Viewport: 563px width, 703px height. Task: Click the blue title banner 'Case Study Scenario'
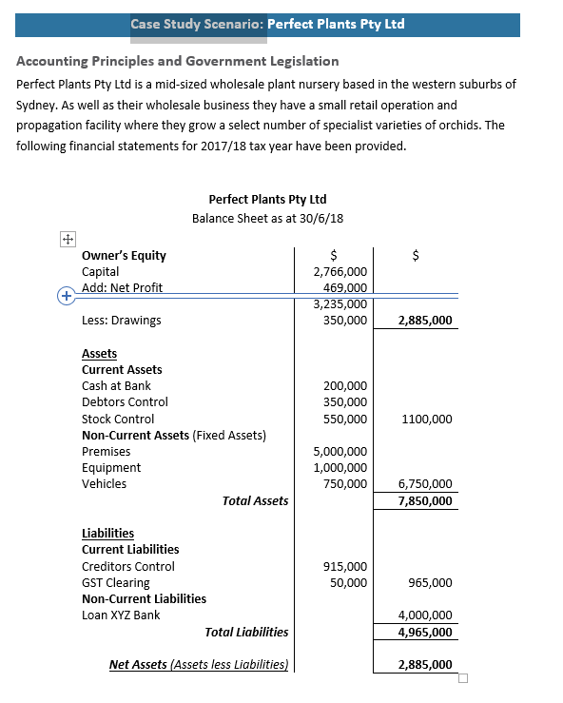point(267,24)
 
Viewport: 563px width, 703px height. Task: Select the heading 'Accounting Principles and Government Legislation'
point(178,62)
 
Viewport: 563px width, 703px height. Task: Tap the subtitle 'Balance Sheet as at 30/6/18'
point(267,218)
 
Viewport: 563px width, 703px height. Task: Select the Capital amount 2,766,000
point(340,272)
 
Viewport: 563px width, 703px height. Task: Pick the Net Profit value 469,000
point(345,288)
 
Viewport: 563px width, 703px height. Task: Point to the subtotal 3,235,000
point(340,304)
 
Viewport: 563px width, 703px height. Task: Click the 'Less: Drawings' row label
point(122,321)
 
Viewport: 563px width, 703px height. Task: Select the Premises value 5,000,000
point(340,452)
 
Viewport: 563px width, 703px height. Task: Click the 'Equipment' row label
point(111,468)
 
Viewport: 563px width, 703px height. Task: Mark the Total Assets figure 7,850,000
point(425,501)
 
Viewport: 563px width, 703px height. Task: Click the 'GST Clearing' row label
point(116,583)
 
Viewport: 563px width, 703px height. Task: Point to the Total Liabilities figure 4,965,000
point(425,632)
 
